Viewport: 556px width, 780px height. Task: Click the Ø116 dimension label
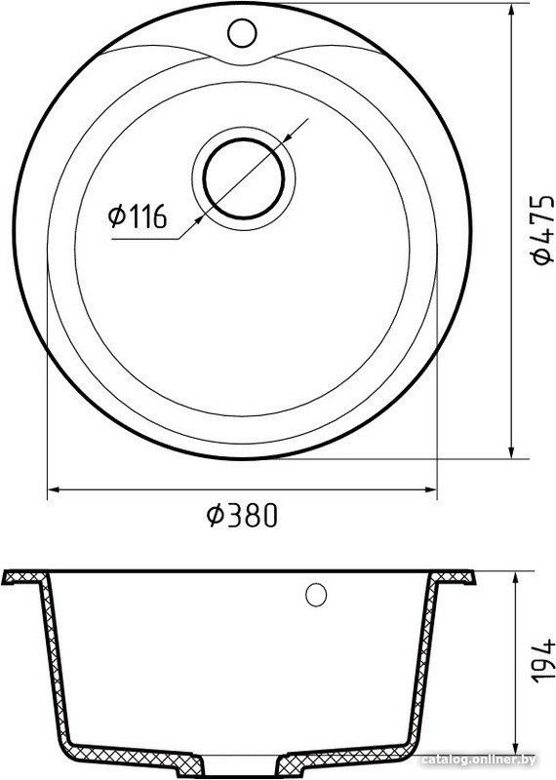tap(137, 216)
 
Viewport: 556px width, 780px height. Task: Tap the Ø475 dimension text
tap(541, 229)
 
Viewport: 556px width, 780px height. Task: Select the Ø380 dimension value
tap(241, 515)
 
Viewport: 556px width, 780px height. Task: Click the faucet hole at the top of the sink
tap(242, 33)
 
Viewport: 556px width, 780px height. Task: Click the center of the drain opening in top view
tap(244, 178)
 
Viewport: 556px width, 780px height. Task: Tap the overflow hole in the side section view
tap(316, 594)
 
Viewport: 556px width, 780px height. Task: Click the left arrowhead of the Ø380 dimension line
tap(54, 489)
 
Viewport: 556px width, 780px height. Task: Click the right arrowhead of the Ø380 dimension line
tap(430, 489)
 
